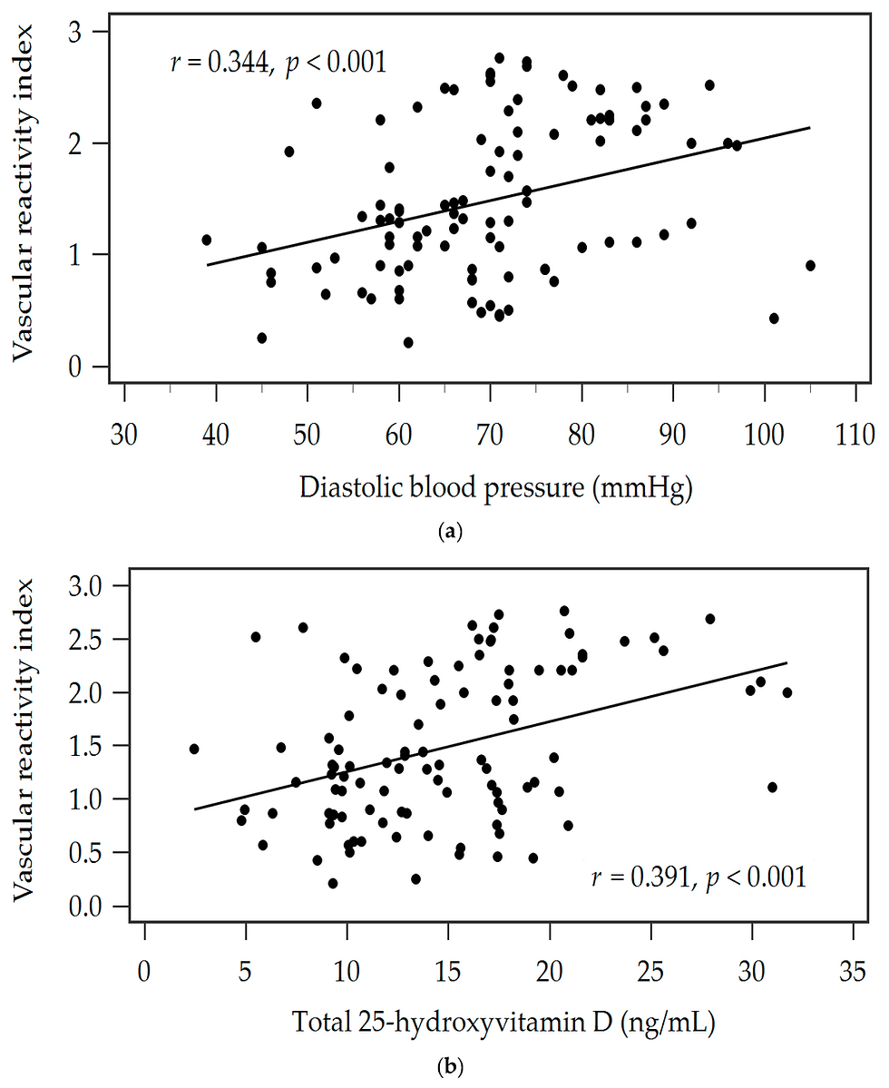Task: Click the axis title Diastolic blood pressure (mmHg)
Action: click(x=495, y=489)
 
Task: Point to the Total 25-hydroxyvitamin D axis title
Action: click(x=504, y=1024)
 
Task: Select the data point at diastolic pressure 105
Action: click(x=810, y=265)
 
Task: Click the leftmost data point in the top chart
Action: click(x=207, y=240)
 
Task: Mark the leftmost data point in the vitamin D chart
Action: click(x=193, y=749)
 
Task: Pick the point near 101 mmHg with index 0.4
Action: click(x=774, y=319)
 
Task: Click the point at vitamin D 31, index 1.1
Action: click(x=772, y=787)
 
